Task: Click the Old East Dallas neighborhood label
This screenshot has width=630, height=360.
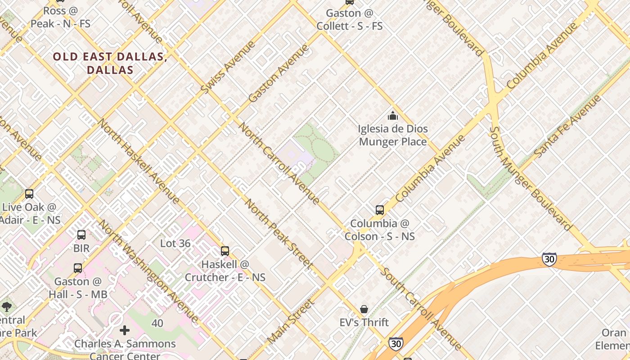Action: pos(110,63)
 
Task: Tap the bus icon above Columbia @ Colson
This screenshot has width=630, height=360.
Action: pos(380,210)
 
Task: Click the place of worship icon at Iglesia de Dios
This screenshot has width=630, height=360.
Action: pos(393,116)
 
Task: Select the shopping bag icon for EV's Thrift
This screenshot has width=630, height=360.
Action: pos(364,309)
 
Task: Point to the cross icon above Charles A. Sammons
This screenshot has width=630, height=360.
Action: pos(125,330)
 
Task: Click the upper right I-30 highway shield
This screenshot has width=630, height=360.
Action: pos(549,259)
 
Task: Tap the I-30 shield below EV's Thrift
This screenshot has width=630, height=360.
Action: pos(396,344)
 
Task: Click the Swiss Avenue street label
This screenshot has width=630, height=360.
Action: pos(227,67)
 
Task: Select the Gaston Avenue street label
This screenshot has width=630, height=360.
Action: pos(279,73)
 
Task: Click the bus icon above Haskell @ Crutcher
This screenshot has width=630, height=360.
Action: pos(225,251)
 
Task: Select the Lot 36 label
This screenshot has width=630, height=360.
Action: pos(175,243)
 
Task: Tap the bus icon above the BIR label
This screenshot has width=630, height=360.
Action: pos(81,234)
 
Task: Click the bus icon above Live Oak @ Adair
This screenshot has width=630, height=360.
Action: pos(29,194)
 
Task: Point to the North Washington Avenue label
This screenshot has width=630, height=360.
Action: pos(148,271)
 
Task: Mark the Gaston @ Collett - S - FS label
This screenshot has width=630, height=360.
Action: pos(350,19)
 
